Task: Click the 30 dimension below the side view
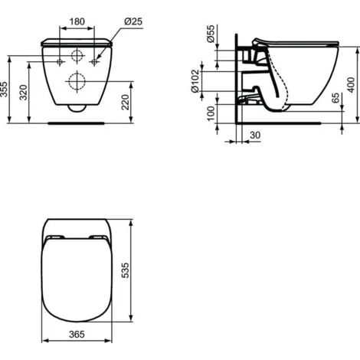255,136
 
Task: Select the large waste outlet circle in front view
77,81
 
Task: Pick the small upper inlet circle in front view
77,55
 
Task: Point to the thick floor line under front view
77,121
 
